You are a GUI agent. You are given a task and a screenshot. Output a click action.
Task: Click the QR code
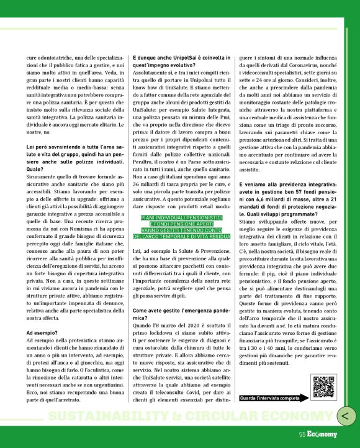[324, 386]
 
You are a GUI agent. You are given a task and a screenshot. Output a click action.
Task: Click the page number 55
[302, 434]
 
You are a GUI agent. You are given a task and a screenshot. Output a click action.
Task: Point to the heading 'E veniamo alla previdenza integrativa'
[286, 184]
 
